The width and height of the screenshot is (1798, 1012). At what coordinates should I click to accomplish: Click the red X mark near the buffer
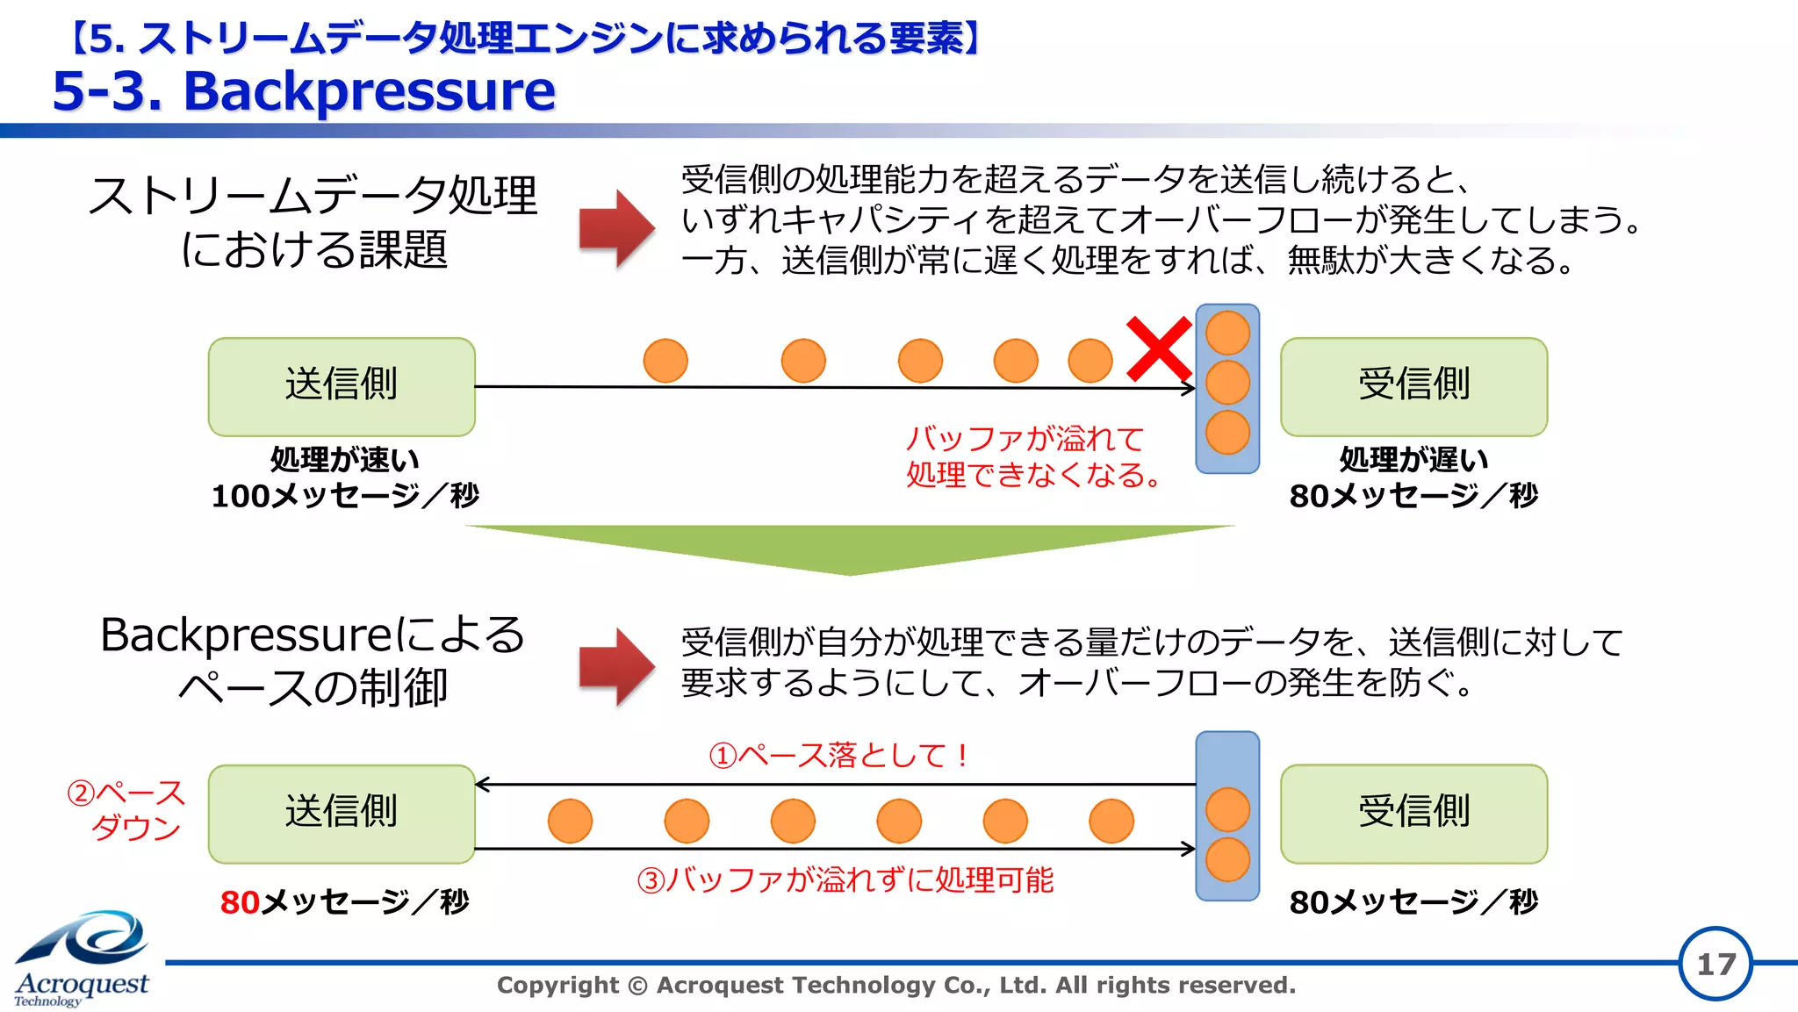click(1159, 349)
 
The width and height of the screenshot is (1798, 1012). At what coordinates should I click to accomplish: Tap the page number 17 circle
click(1715, 964)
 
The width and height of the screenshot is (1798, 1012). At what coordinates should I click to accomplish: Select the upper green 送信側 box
click(342, 386)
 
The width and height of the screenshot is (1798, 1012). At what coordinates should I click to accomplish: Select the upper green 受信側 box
click(1413, 386)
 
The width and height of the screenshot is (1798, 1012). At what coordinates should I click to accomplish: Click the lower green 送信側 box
click(342, 813)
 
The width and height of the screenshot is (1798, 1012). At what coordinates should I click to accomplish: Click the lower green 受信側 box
click(1413, 813)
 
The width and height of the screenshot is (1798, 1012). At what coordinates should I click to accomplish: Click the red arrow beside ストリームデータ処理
click(616, 228)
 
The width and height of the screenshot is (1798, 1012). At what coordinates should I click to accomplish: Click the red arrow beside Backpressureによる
click(616, 666)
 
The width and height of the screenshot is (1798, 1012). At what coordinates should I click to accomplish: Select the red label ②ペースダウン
click(127, 809)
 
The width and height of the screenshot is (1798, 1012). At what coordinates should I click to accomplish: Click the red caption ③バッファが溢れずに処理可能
click(845, 879)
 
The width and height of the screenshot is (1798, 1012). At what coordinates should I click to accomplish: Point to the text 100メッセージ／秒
click(345, 496)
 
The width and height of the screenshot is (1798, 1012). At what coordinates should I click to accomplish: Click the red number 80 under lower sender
click(240, 902)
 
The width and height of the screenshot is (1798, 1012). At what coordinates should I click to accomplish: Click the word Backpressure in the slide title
click(369, 91)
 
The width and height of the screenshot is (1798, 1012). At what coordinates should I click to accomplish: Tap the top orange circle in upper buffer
click(1227, 333)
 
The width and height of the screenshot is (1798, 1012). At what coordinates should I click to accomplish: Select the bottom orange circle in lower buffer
click(1227, 859)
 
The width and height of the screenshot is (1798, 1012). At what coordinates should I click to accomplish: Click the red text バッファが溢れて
click(1025, 438)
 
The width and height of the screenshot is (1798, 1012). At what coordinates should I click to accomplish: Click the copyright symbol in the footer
click(638, 986)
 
